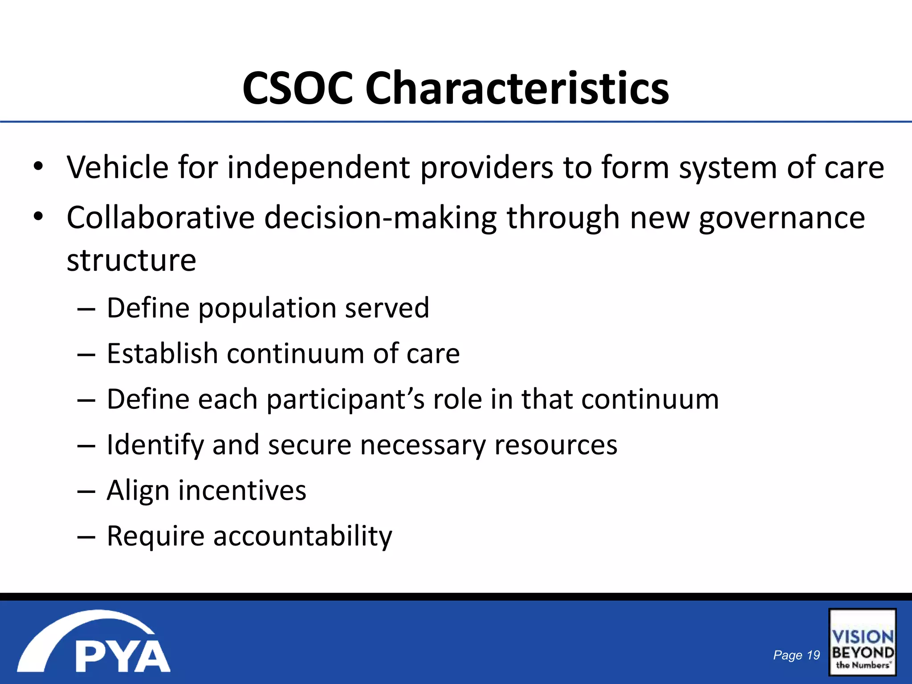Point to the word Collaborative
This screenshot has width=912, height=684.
(160, 218)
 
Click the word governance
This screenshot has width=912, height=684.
(782, 218)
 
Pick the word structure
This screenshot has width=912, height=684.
(131, 260)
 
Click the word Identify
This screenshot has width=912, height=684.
(155, 445)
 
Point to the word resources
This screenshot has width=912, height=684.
(556, 445)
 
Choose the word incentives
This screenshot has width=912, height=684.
(242, 490)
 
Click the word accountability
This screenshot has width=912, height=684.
(303, 536)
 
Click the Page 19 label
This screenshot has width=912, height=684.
(796, 655)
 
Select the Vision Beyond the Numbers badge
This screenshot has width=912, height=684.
(862, 642)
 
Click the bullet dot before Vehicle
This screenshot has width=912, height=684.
(38, 167)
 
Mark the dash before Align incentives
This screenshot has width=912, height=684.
(86, 492)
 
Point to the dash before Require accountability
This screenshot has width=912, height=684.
(86, 537)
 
